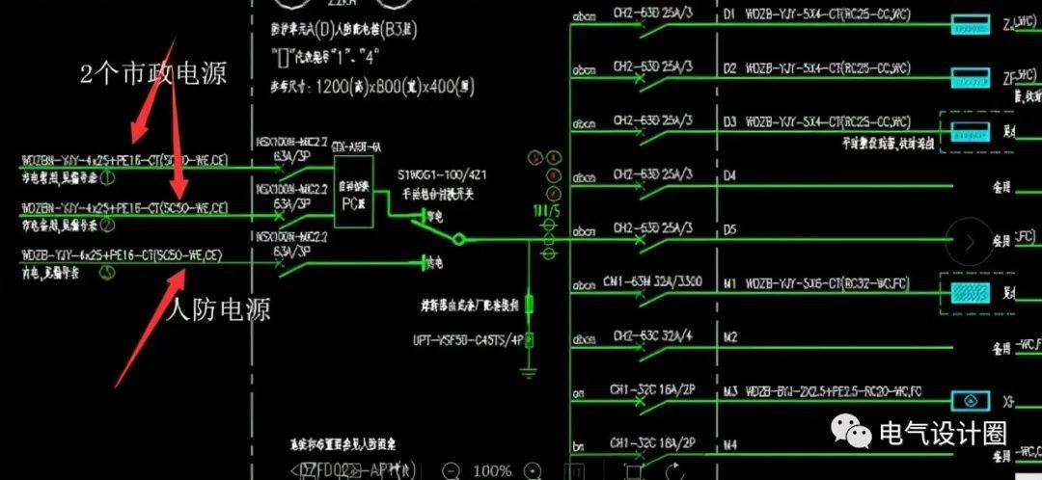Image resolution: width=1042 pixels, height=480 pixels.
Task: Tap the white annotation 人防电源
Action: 218,309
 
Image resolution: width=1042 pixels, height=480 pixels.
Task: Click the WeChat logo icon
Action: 850,432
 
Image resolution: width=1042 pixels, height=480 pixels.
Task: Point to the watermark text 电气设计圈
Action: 942,433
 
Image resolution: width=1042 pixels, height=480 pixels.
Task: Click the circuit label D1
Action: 729,14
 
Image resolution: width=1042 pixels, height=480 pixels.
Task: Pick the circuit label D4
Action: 729,176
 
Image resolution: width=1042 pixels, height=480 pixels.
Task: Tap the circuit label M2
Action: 730,337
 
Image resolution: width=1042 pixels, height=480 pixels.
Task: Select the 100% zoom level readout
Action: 492,470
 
